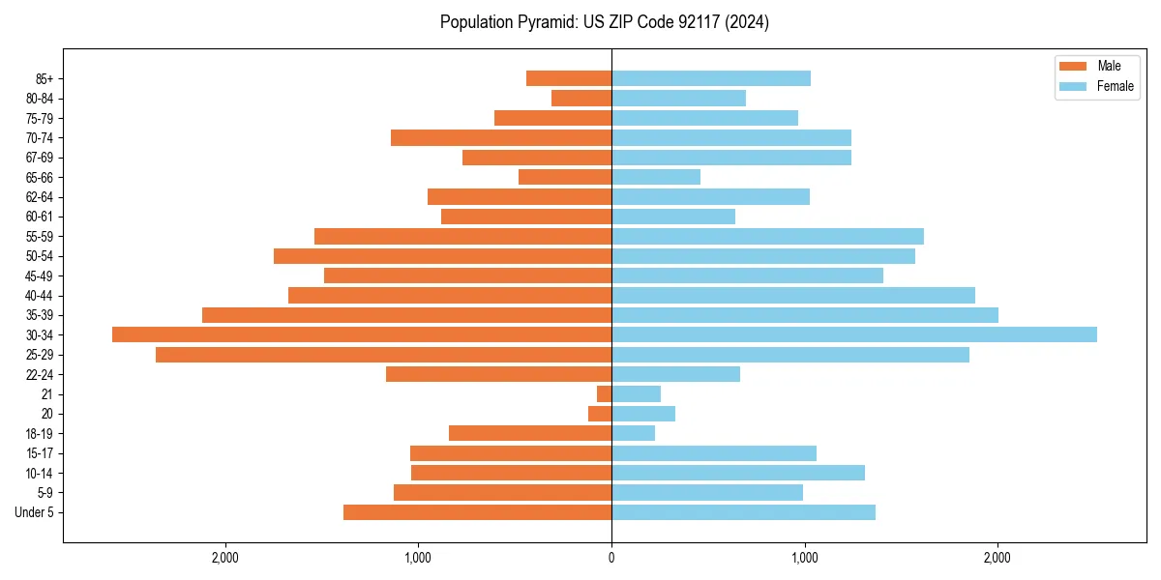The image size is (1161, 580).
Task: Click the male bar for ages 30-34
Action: (362, 334)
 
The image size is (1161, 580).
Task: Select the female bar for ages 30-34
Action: (853, 334)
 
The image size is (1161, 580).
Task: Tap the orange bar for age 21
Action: (605, 393)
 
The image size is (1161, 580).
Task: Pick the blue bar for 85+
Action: (711, 78)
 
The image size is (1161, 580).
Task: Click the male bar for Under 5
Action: (477, 512)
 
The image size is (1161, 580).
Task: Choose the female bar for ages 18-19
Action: (633, 433)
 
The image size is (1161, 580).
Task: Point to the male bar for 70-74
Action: (501, 137)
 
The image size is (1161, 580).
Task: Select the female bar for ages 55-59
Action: (767, 236)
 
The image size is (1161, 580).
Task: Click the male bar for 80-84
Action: (581, 98)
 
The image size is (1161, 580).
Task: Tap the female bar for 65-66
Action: (656, 177)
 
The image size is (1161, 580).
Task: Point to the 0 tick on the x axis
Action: (611, 558)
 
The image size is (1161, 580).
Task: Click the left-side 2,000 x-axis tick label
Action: (224, 558)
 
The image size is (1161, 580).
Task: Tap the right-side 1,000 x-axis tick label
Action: (804, 558)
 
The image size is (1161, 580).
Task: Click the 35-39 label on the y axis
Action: (40, 315)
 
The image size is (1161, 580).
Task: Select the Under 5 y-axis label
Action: (35, 512)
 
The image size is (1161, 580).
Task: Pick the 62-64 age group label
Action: (40, 197)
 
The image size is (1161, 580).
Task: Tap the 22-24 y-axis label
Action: (40, 374)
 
